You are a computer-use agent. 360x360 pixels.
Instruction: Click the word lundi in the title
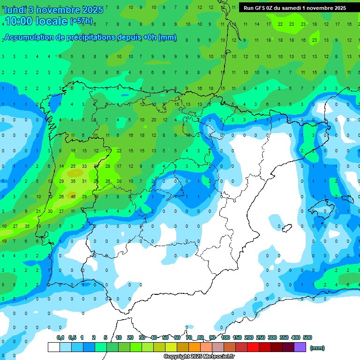pos(15,10)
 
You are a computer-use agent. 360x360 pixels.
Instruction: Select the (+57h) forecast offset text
pos(82,21)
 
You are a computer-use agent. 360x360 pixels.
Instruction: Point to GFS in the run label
pos(260,8)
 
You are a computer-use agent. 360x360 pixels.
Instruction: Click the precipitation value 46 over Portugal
pos(73,196)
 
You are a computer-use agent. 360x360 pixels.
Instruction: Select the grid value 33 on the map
pos(84,166)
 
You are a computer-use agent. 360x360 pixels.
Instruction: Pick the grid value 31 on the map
pos(84,181)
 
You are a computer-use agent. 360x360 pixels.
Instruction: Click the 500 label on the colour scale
pos(307,337)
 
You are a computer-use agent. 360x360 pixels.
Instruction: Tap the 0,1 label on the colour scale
pos(60,337)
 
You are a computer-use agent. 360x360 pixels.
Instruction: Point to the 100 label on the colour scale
pos(225,337)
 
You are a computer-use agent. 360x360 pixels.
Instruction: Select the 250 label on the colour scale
pos(261,337)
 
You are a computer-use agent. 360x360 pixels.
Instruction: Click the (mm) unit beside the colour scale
pos(317,348)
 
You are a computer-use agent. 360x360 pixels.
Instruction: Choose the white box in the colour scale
pos(53,347)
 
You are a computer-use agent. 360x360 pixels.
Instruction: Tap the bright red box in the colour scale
pos(253,347)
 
